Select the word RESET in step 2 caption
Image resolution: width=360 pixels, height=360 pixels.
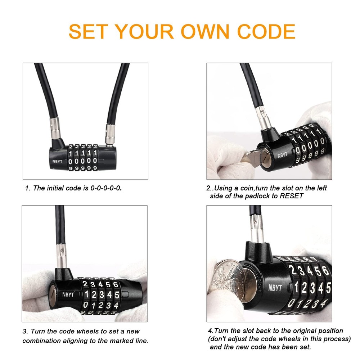pyautogui.click(x=291, y=196)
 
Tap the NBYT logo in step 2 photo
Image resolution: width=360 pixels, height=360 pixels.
pyautogui.click(x=282, y=156)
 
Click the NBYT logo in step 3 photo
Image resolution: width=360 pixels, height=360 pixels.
pyautogui.click(x=67, y=294)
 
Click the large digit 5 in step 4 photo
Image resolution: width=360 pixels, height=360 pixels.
pyautogui.click(x=328, y=288)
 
